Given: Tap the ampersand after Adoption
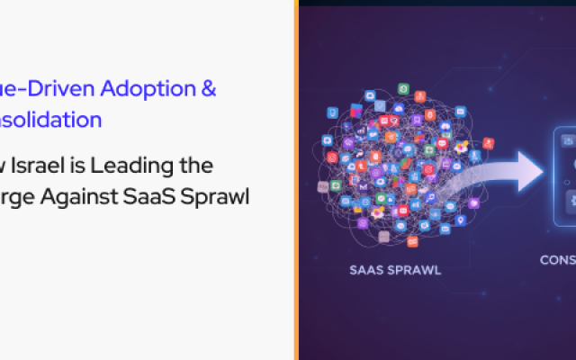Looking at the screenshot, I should [208, 89].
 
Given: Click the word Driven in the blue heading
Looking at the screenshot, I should [56, 89].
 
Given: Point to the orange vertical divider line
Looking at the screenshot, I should [296, 180].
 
